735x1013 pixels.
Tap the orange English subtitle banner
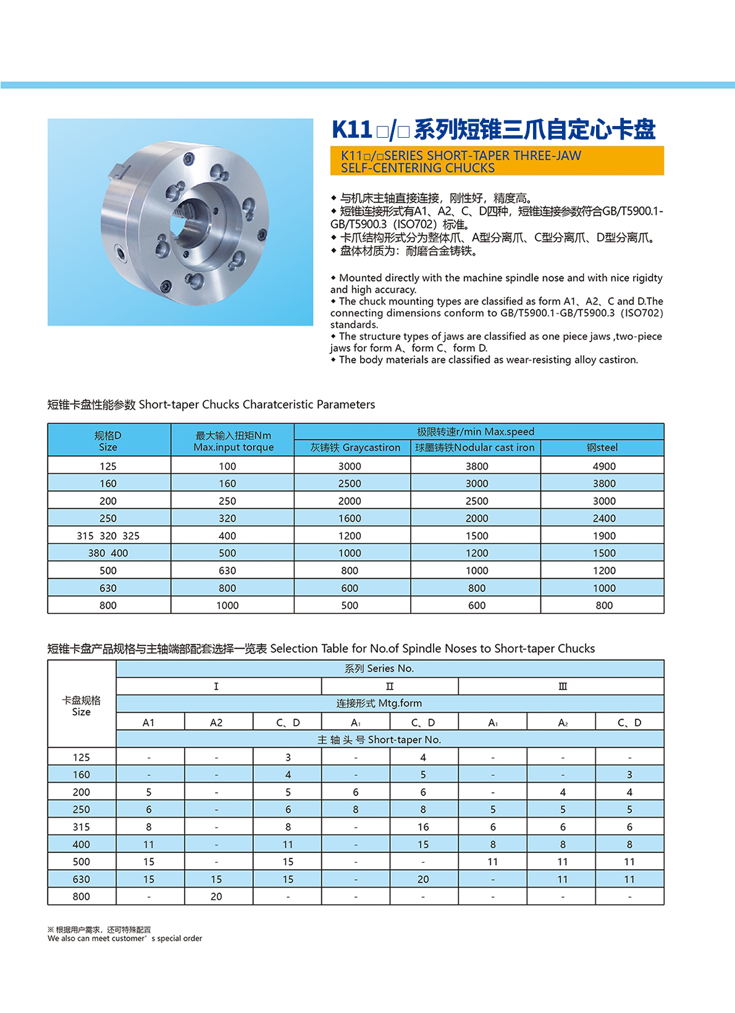(x=497, y=161)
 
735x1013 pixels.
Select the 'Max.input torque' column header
(x=233, y=447)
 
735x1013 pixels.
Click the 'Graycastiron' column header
(x=355, y=448)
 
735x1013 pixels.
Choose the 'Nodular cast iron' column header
(x=475, y=448)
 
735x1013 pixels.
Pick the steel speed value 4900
(x=603, y=466)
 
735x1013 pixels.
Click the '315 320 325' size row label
(x=108, y=536)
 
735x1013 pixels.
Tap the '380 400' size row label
(x=108, y=553)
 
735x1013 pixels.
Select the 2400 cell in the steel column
(x=603, y=519)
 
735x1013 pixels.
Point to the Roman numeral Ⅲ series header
(x=563, y=686)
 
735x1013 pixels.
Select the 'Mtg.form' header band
(x=379, y=704)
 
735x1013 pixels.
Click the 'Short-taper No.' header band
(x=379, y=740)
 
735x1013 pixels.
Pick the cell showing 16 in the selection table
(x=423, y=827)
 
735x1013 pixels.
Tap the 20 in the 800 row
(x=216, y=897)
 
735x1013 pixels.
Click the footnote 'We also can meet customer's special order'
(x=125, y=939)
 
